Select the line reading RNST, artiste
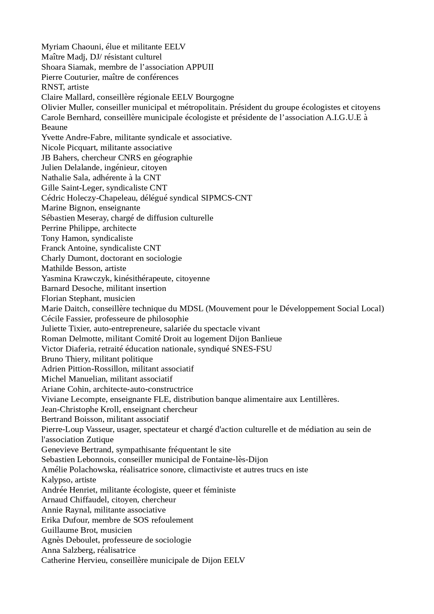click(x=65, y=87)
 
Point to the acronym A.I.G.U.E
click(x=343, y=117)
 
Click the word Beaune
click(x=54, y=127)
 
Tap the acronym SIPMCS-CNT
click(x=226, y=198)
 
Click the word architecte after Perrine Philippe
click(x=119, y=228)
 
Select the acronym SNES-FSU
click(x=252, y=349)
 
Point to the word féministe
click(x=220, y=490)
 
